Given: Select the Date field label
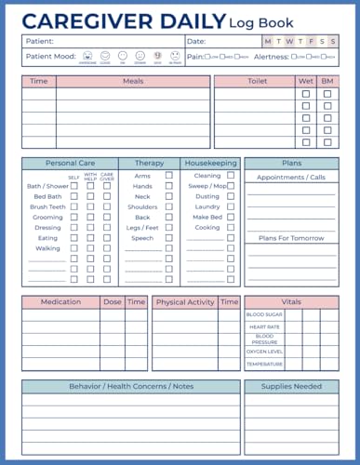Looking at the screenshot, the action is [x=196, y=42].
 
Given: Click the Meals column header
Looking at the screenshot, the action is [x=133, y=82].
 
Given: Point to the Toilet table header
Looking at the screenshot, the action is [x=257, y=82].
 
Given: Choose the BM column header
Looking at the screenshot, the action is [x=327, y=82].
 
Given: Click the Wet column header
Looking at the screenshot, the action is [x=306, y=82].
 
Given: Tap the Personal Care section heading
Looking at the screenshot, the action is [x=69, y=163].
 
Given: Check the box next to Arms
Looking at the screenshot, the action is [x=169, y=175].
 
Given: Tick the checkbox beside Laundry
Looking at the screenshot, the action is [x=230, y=206].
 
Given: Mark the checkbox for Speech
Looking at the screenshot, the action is [x=169, y=238].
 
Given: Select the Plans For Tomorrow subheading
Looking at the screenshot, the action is [x=291, y=237].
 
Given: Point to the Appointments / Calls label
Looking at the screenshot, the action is [x=291, y=177].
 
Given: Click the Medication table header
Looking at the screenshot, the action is [x=60, y=301].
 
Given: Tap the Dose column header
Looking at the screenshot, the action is [x=113, y=301].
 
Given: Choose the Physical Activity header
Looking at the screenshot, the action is [x=185, y=301].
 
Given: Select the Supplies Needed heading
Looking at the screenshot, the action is [x=291, y=385].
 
